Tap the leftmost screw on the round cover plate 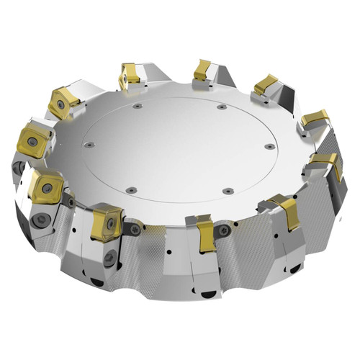(x=87, y=145)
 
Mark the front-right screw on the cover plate (x=228, y=191)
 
